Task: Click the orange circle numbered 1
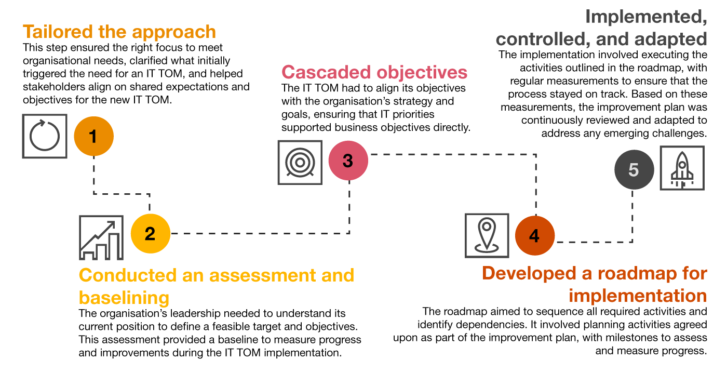(93, 137)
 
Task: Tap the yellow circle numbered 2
(150, 234)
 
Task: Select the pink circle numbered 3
(348, 161)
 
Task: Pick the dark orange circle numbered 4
(535, 236)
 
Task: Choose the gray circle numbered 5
(634, 170)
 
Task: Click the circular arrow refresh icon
(45, 136)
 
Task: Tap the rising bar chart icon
(101, 238)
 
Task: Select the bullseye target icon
(300, 162)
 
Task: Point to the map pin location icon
(487, 235)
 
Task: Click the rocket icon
(682, 168)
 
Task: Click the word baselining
(124, 298)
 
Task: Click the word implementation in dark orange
(638, 296)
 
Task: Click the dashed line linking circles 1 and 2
(121, 194)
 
